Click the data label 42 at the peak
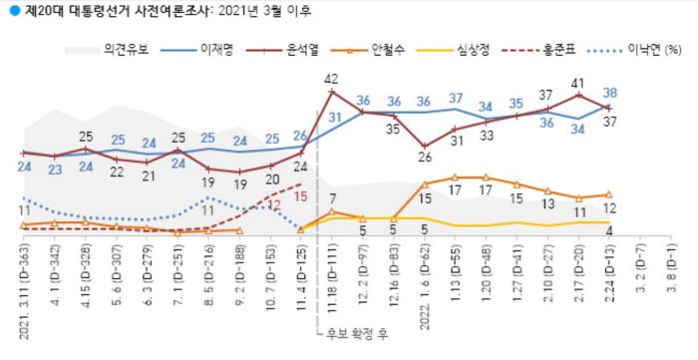pos(332,78)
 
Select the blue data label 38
pos(608,93)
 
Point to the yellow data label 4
pos(610,233)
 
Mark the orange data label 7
pos(332,197)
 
